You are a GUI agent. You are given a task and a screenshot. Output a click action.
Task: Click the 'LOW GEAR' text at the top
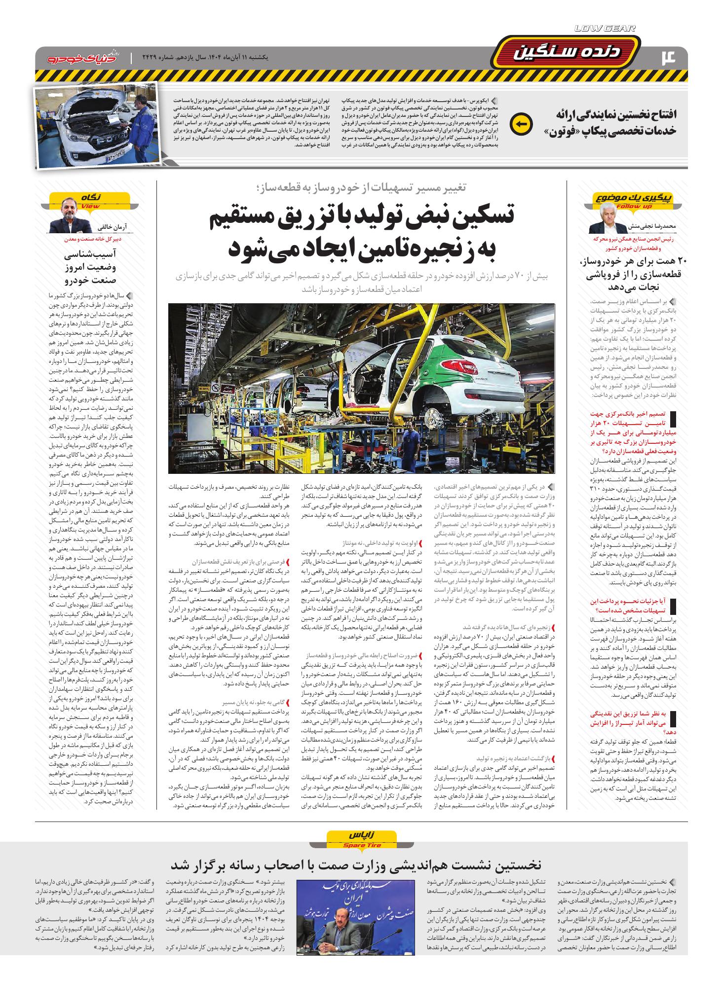[x=605, y=29]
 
